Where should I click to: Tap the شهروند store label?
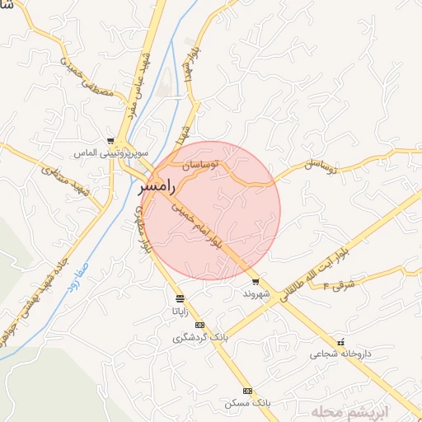tap(256, 293)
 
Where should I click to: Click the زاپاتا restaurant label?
tap(180, 311)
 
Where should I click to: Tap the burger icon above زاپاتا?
tap(180, 298)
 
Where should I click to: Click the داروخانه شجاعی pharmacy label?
tap(341, 354)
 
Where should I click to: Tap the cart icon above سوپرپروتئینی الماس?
tap(111, 142)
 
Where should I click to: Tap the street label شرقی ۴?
tap(337, 285)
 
